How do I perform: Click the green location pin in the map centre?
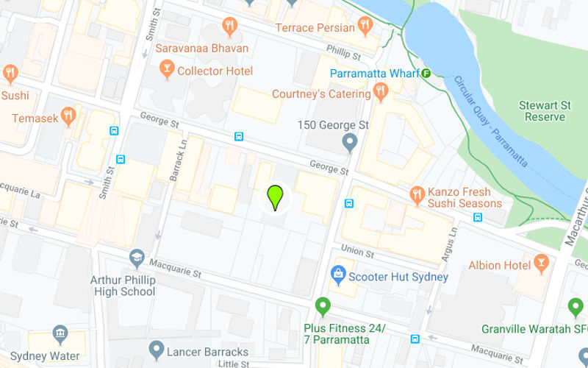276,197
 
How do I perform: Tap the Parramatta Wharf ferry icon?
426,74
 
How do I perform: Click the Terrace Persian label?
315,28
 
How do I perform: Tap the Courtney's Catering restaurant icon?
380,91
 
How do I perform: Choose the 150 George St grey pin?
350,141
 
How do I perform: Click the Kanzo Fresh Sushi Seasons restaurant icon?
417,194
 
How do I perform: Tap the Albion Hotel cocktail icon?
541,262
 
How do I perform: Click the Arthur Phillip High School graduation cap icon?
136,258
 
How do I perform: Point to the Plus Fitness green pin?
322,305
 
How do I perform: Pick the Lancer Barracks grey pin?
156,347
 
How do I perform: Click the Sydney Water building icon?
60,336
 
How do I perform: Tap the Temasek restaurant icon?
68,115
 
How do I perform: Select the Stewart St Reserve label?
544,111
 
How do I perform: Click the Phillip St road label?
344,54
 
